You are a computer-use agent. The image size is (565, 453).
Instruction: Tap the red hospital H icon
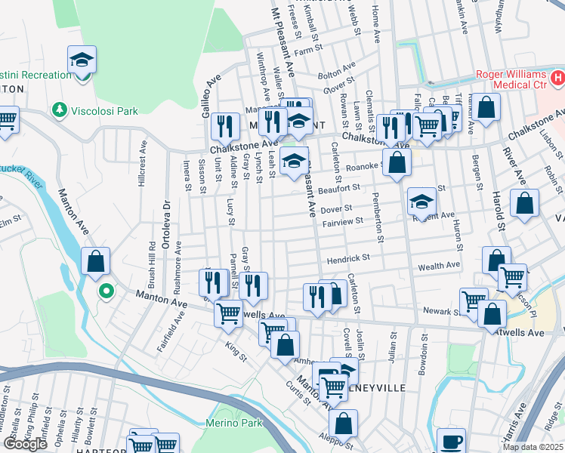557,78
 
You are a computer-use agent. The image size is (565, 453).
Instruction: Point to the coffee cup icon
452,440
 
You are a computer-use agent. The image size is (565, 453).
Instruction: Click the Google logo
25,444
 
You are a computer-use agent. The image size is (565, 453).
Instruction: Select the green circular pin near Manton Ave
107,290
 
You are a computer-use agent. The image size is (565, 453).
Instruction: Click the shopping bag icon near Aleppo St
343,424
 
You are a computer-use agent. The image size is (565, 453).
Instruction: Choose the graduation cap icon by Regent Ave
422,201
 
